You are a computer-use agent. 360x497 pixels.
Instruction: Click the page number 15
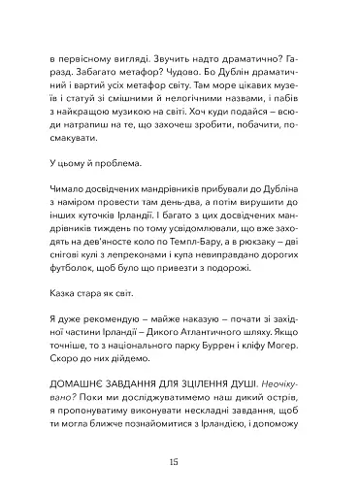click(x=180, y=459)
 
